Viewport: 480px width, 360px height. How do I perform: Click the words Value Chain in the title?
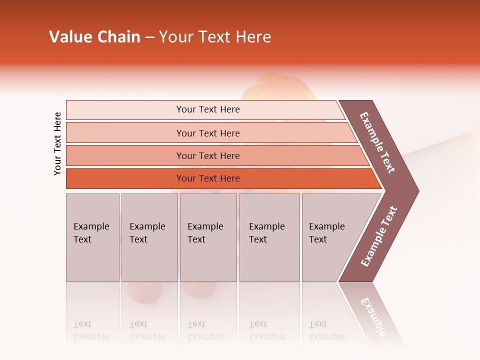[94, 37]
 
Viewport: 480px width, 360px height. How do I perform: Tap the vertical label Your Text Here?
[57, 143]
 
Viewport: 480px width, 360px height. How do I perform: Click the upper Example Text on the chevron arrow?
[377, 142]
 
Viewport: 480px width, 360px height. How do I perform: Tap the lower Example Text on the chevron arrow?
[379, 236]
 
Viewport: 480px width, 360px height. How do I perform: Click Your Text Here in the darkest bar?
[208, 178]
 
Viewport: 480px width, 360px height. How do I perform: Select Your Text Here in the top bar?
[208, 109]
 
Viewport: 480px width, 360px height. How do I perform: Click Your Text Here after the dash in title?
[215, 37]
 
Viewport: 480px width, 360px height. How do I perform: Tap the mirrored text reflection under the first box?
[91, 331]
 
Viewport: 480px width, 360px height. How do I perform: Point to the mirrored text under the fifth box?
[326, 331]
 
